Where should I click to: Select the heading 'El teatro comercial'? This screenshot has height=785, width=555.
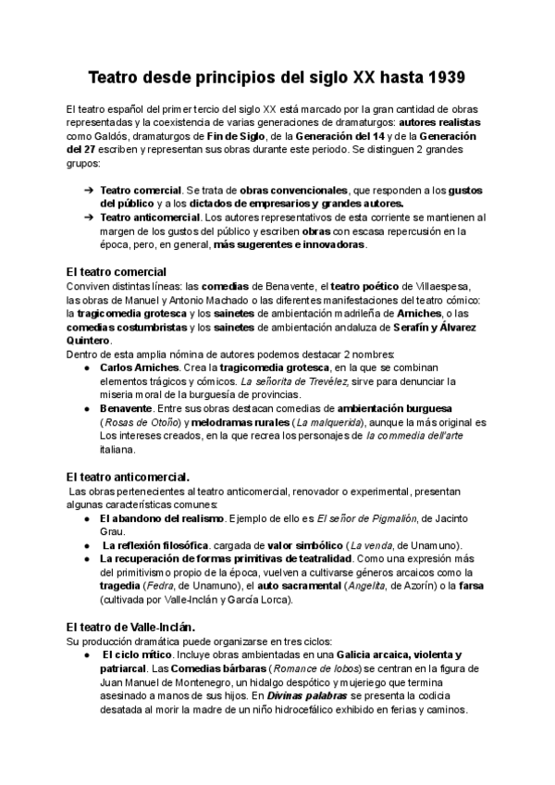click(117, 271)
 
